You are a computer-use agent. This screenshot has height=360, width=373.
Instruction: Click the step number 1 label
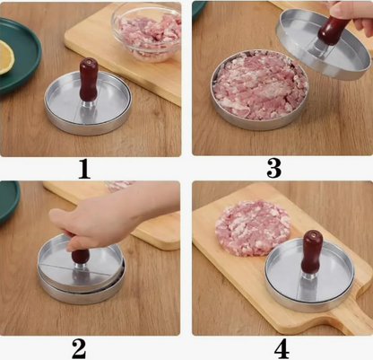click(x=84, y=169)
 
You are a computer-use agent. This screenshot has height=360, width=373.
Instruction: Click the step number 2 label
click(x=79, y=349)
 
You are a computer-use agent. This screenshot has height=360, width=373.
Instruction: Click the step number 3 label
click(x=273, y=168)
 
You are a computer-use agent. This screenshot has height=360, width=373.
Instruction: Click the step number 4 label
click(x=282, y=348)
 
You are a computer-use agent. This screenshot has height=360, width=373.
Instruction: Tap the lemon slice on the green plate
click(x=6, y=57)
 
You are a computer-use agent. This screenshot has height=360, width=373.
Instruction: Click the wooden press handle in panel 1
click(x=89, y=80)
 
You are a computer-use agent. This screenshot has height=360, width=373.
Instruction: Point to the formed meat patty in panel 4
click(x=253, y=227)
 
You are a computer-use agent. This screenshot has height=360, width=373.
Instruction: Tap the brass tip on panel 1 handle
click(x=89, y=61)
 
